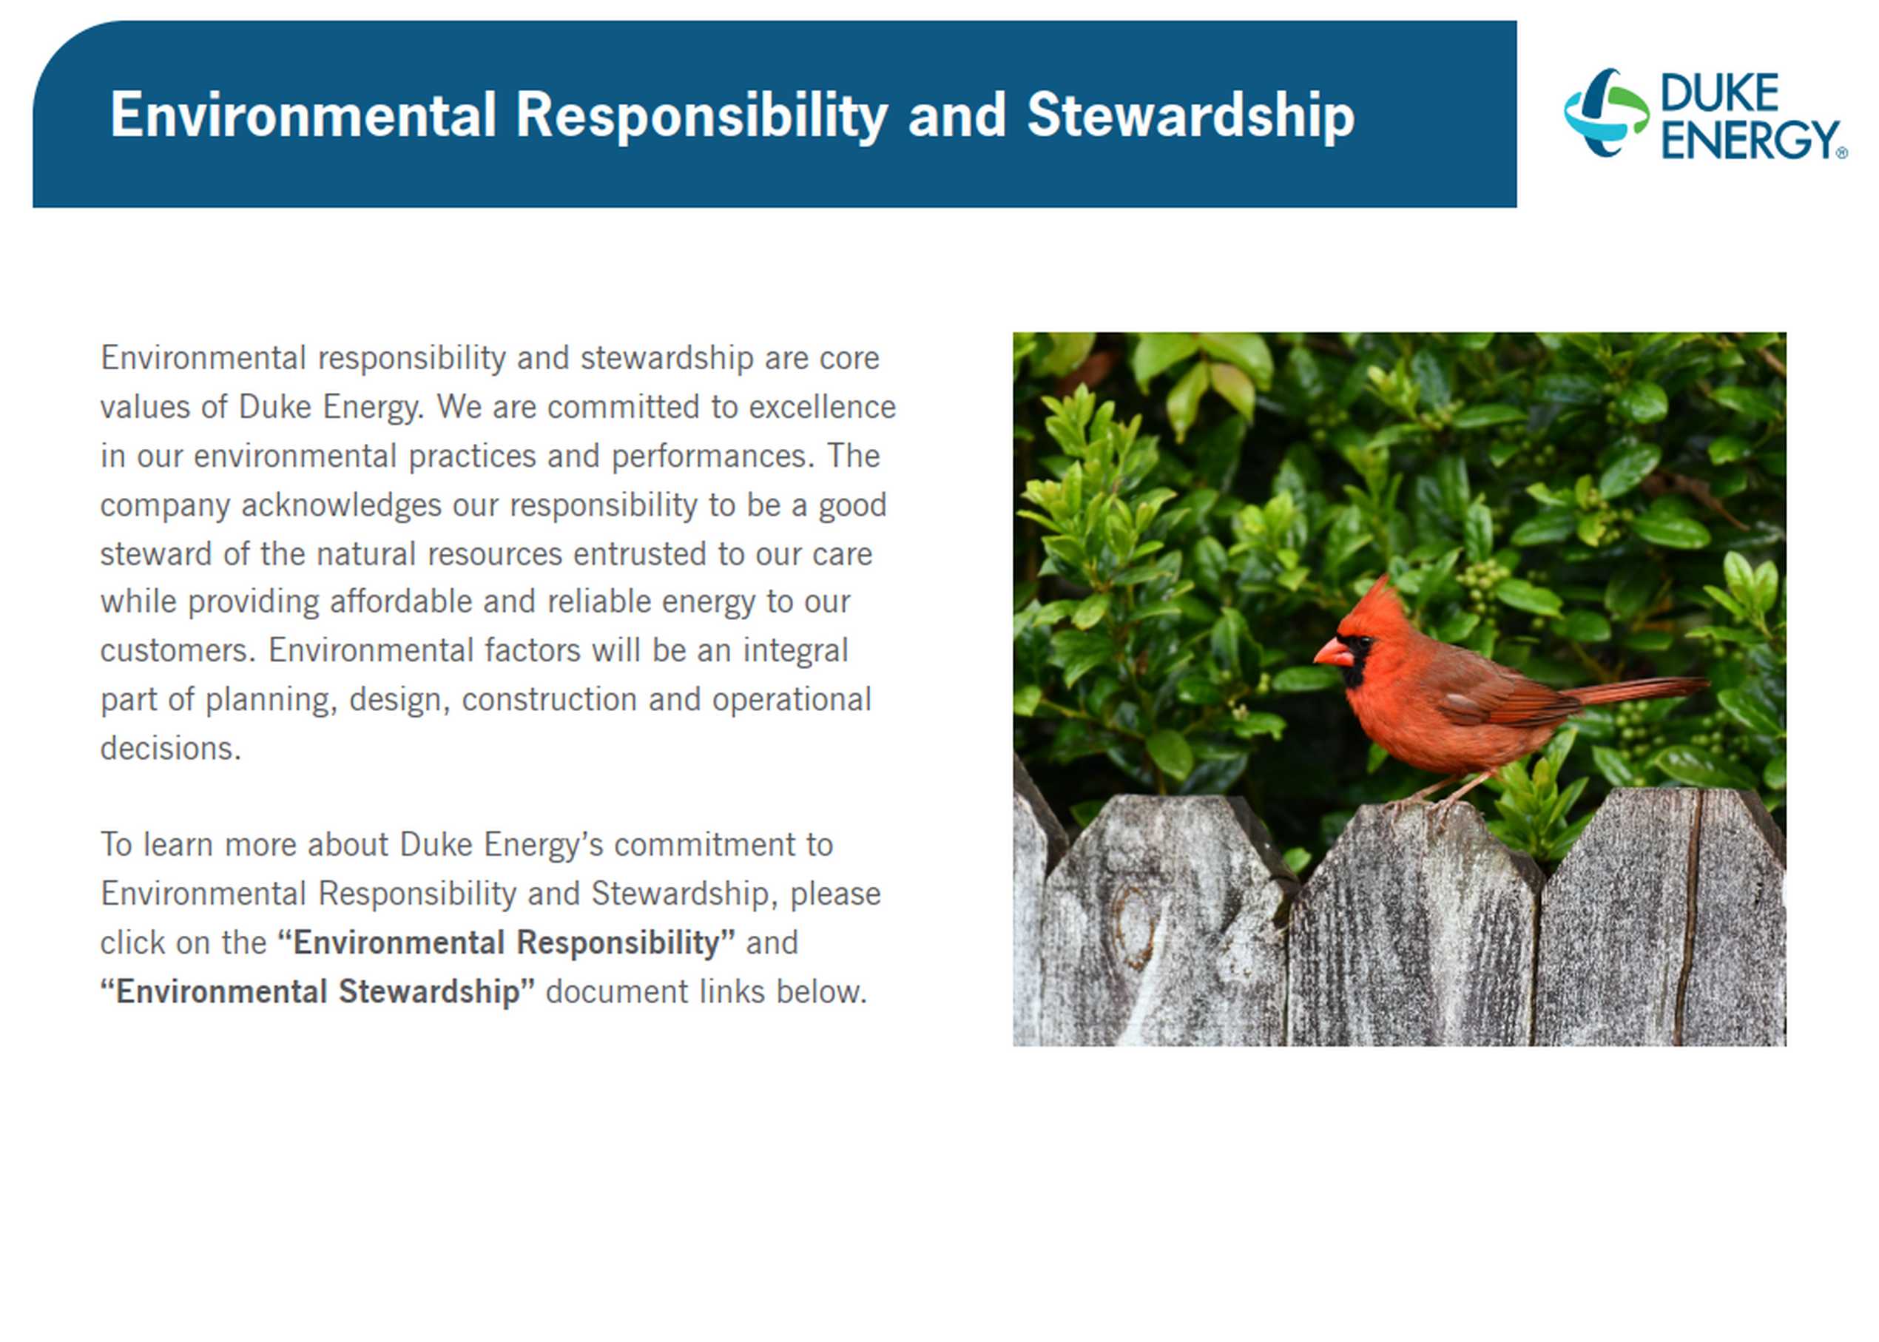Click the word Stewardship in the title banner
pos(1191,115)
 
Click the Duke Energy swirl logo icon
pos(1605,112)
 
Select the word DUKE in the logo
pos(1718,93)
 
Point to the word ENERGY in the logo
pos(1750,140)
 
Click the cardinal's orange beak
pos(1333,652)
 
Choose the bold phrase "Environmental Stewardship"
pos(317,991)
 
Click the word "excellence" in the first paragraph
pos(821,408)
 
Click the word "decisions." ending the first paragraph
pos(171,749)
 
